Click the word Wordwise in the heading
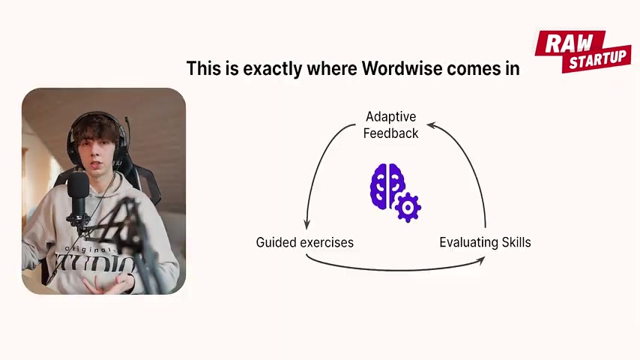[x=402, y=68]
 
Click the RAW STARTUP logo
[x=583, y=52]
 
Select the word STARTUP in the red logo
[x=598, y=59]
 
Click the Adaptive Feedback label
[x=390, y=125]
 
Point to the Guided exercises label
[x=304, y=242]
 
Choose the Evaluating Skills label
[x=485, y=242]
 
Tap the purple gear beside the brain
[x=408, y=208]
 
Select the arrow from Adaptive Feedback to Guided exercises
[x=321, y=163]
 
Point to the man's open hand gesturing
[x=108, y=284]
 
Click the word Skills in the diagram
[x=516, y=242]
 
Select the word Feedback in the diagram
[x=390, y=133]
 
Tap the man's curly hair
[x=96, y=127]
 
